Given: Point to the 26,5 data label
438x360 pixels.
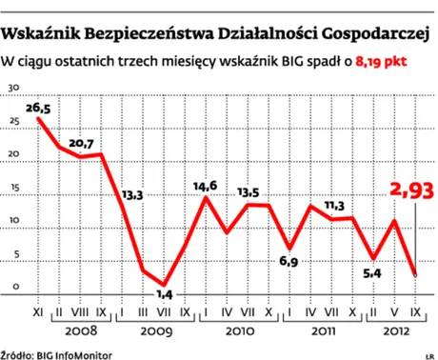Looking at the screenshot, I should (38, 110).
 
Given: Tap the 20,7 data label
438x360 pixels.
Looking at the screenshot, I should (81, 144).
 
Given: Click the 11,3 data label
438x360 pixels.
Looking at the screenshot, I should (333, 205).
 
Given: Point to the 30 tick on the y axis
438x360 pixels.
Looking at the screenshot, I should (12, 87).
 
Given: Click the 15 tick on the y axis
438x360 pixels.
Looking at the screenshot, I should (12, 188).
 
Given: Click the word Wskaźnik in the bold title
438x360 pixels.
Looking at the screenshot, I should (42, 35).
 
